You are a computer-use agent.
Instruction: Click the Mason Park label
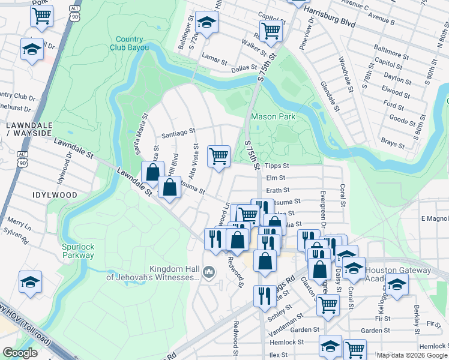(x=273, y=116)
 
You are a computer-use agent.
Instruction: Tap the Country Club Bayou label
(x=130, y=43)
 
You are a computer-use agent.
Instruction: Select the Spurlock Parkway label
(x=78, y=251)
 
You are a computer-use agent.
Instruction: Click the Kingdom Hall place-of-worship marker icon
(x=208, y=272)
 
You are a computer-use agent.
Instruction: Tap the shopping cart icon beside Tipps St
(x=218, y=156)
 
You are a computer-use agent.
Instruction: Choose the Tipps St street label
(x=277, y=166)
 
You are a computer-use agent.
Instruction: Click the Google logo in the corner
(x=20, y=353)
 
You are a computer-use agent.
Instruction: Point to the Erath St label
(x=277, y=190)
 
